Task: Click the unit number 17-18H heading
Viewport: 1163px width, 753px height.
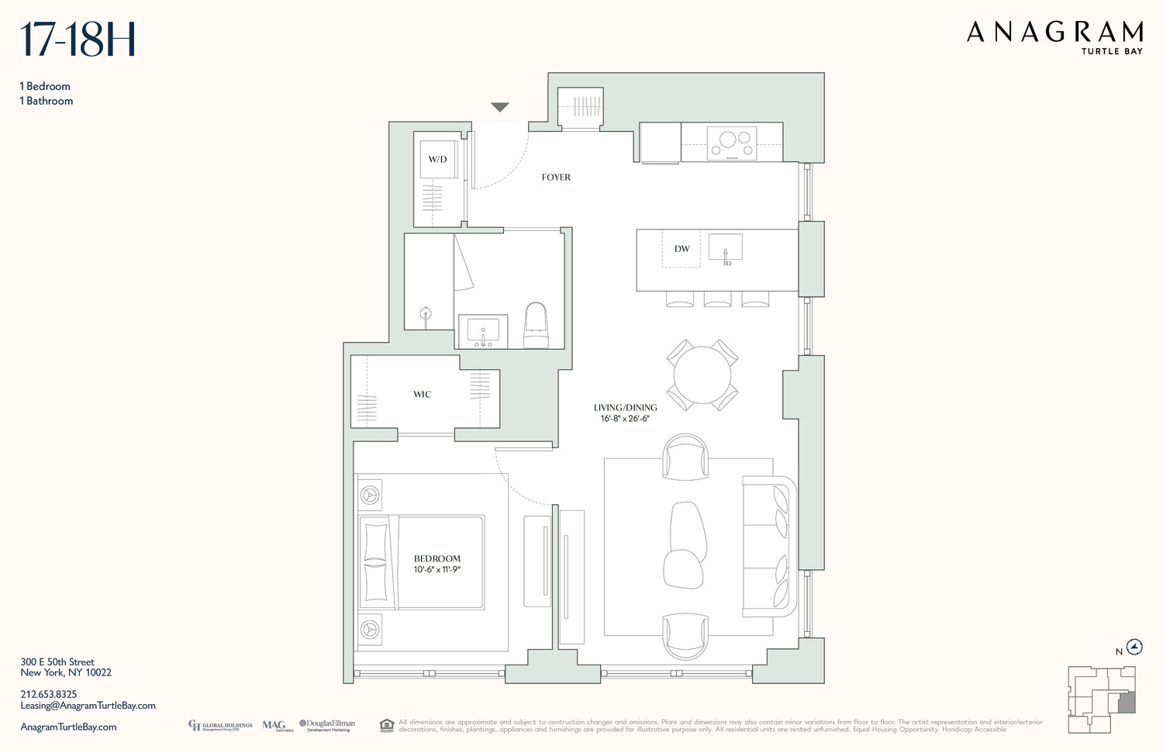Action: (78, 40)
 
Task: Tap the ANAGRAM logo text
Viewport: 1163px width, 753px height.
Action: (1054, 33)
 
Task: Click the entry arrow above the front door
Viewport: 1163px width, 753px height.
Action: (500, 107)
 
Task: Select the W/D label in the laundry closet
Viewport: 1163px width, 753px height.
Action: (437, 159)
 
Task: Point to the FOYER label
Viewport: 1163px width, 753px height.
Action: (556, 178)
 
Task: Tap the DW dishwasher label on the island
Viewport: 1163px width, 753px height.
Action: (682, 249)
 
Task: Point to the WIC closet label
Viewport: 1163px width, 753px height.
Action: (422, 395)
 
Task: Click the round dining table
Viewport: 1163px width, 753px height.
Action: (702, 375)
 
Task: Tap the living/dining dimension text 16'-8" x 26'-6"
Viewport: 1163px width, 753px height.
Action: (625, 419)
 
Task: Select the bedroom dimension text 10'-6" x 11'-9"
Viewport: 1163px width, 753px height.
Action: (437, 570)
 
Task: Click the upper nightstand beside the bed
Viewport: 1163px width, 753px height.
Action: (370, 495)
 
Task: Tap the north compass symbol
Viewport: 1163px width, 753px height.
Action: (1134, 648)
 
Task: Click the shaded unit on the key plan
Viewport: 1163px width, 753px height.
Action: (1126, 703)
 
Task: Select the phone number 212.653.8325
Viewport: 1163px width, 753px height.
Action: (49, 695)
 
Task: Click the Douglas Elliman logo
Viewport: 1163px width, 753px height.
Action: (327, 725)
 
